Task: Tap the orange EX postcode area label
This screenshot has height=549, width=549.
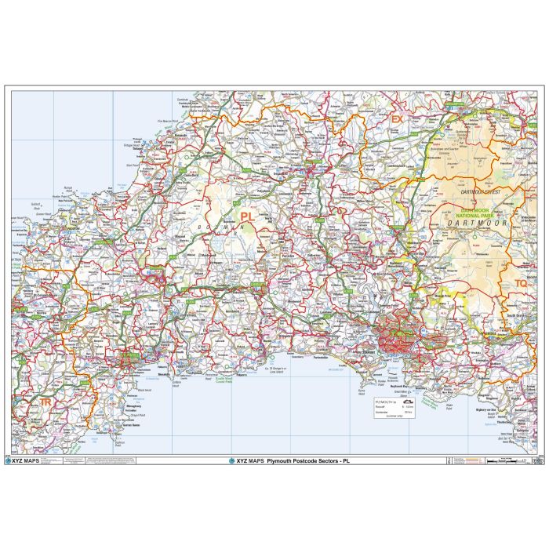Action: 397,119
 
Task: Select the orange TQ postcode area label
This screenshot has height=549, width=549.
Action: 522,283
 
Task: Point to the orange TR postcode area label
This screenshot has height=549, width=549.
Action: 45,402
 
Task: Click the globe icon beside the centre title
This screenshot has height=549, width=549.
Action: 231,461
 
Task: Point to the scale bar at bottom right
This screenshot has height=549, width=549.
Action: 502,461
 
